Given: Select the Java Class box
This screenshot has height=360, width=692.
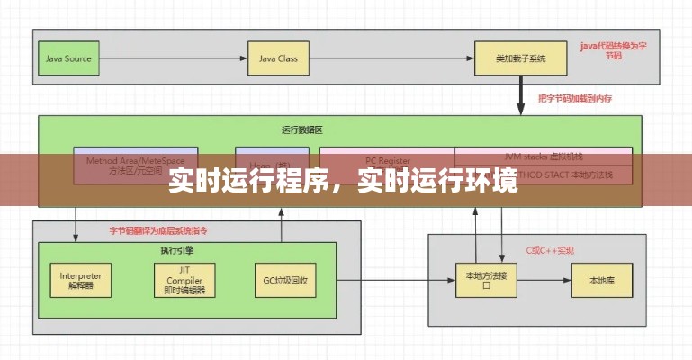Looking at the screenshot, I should click(x=278, y=59).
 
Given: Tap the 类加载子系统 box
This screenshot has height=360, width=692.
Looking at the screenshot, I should click(x=520, y=59).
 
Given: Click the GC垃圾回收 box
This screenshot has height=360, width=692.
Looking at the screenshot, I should click(x=286, y=280).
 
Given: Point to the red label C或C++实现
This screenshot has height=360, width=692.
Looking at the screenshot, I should click(x=550, y=250).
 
